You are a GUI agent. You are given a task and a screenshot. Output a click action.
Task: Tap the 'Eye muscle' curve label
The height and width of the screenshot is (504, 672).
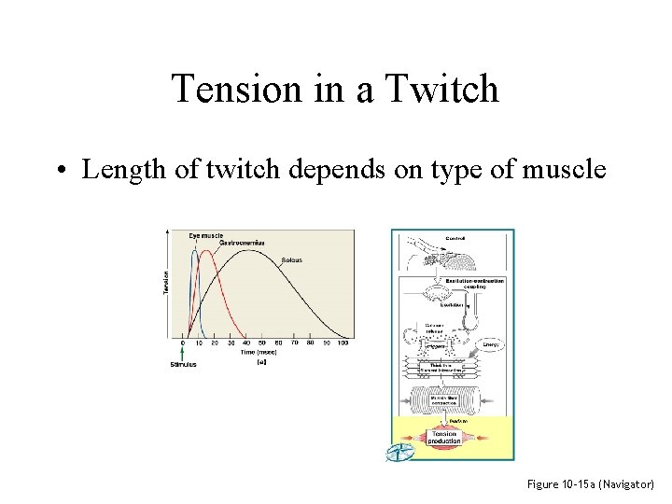[x=206, y=235]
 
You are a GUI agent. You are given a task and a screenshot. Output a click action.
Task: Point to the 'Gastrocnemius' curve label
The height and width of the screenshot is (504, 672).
[x=241, y=243]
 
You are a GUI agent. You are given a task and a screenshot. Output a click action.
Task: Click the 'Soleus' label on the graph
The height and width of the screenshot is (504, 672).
[x=292, y=259]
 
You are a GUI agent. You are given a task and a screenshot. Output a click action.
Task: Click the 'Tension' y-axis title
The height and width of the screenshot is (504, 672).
[x=167, y=283]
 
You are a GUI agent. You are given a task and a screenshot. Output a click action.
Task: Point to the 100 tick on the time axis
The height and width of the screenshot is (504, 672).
[x=343, y=343]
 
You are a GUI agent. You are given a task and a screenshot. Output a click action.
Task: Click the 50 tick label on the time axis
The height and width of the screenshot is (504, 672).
[x=262, y=343]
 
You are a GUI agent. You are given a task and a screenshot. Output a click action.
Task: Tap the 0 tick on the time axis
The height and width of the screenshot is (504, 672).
[x=183, y=343]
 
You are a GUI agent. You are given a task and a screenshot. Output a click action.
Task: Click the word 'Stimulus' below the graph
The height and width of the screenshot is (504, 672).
[x=184, y=364]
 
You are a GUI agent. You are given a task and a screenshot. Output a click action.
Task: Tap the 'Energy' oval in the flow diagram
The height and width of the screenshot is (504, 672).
[x=492, y=345]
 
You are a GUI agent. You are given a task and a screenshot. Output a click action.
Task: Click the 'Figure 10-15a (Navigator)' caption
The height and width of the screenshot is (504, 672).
[x=591, y=485]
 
